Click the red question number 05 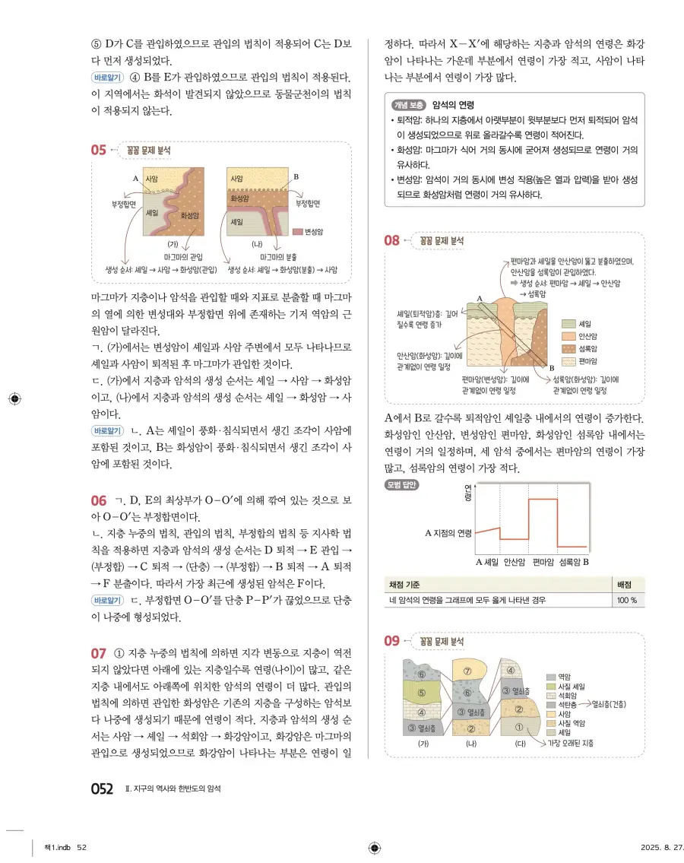98,150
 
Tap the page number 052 102,788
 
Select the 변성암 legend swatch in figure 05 296,231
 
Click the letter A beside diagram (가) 136,177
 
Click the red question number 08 392,241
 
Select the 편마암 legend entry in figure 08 586,360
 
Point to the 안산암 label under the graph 515,563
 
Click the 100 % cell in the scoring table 627,601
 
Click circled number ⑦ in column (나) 468,671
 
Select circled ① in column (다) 519,726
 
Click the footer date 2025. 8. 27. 651,848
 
